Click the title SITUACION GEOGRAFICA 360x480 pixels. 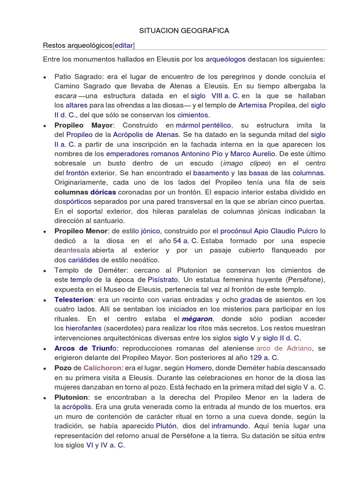click(184, 30)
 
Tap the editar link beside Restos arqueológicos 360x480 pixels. click(124, 45)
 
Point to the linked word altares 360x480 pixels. click(76, 105)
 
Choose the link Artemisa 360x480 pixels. click(252, 105)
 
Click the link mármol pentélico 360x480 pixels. click(203, 125)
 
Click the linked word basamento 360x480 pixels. click(211, 173)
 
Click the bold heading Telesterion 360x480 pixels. click(74, 299)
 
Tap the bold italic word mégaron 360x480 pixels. click(197, 318)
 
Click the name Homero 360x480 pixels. click(199, 368)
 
